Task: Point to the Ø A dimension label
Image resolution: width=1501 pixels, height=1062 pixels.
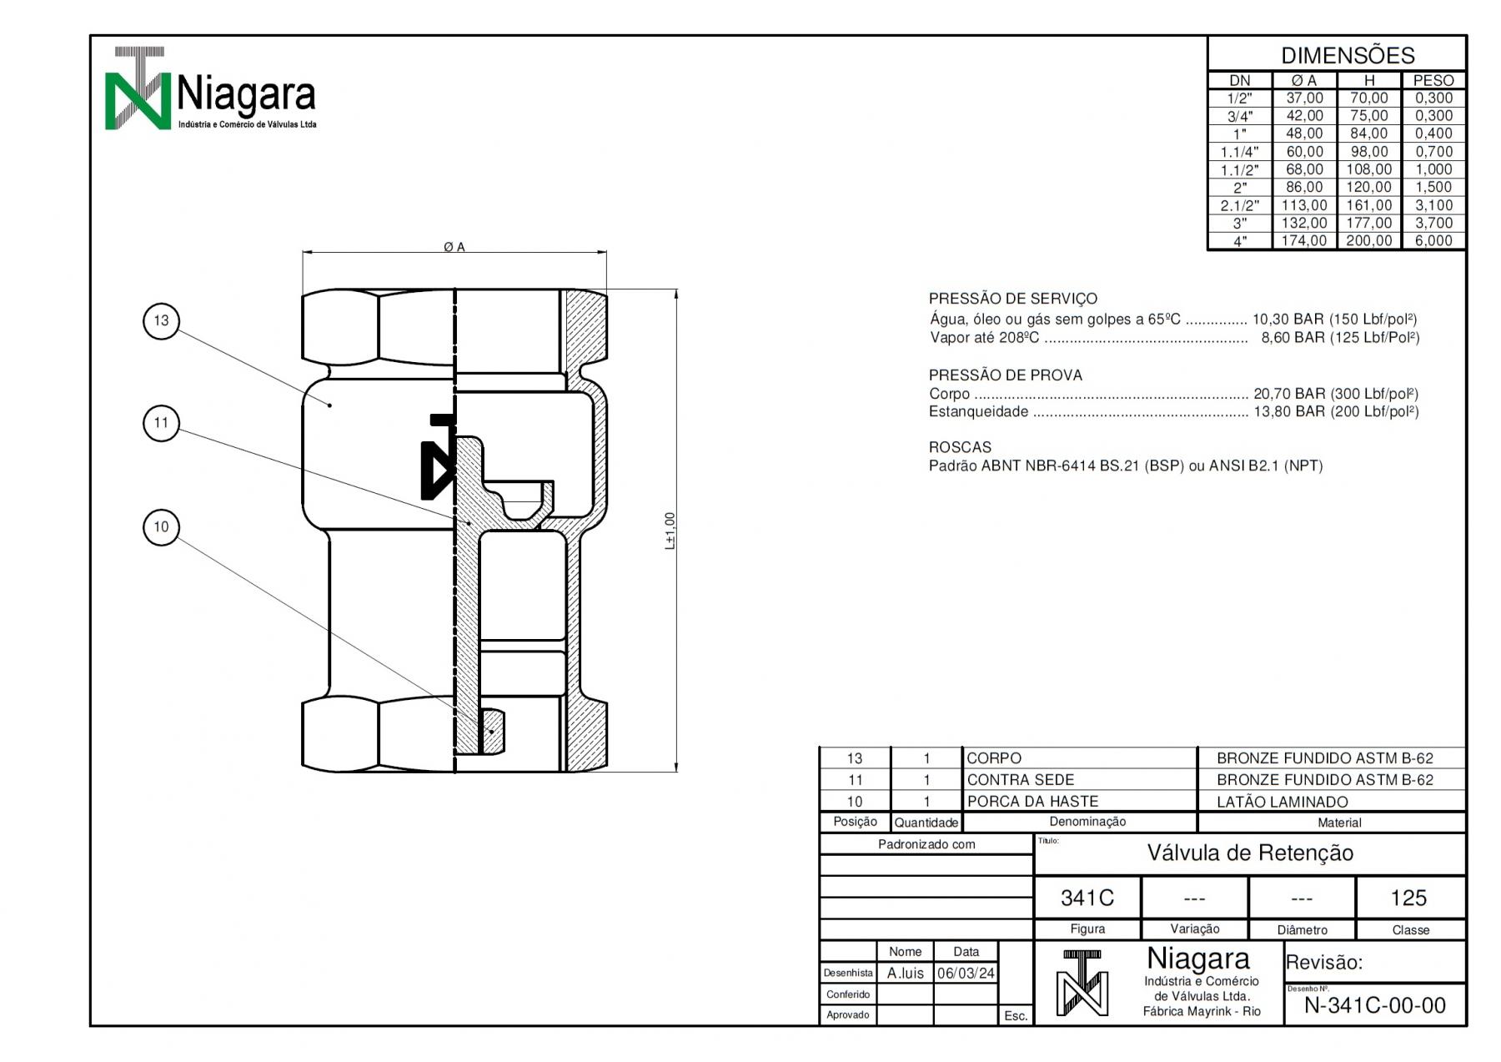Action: pos(454,247)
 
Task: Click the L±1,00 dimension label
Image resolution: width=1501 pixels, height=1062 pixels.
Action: pos(670,531)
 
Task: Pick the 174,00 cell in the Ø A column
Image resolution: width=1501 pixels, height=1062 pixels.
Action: pos(1304,241)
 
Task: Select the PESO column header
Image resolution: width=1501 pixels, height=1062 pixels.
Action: pos(1433,81)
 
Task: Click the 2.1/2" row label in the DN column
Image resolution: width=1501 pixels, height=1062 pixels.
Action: pos(1239,205)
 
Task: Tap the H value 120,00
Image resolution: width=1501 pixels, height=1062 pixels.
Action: pos(1369,188)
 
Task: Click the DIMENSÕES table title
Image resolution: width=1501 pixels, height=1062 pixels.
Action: pos(1348,56)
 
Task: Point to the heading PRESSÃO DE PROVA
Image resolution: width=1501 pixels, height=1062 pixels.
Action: pos(1006,375)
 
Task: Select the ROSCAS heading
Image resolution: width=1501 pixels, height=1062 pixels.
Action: pos(960,447)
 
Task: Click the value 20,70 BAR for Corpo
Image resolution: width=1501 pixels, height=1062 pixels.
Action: pos(1289,394)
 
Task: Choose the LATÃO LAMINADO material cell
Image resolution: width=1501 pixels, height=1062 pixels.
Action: pos(1283,803)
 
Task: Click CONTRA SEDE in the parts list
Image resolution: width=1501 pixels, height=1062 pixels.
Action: pos(1021,780)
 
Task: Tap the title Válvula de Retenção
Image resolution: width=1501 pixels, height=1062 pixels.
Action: pos(1250,853)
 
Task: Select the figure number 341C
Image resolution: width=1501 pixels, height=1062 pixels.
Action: pos(1087,898)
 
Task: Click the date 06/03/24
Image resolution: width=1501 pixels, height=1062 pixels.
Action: pos(966,974)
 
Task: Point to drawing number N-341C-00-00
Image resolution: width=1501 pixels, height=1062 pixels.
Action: pos(1375,1006)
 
